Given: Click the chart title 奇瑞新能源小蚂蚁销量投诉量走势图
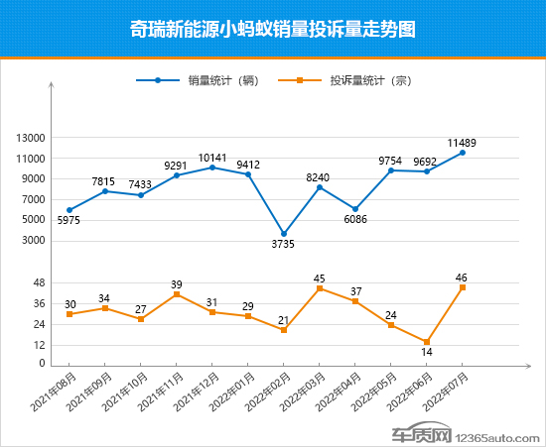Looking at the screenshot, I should coord(272,29).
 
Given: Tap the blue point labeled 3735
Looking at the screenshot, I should coord(284,234).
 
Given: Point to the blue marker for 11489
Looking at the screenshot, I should coord(463,153).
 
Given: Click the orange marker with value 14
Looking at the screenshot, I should coord(427,342).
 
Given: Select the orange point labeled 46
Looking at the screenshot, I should coord(463,287).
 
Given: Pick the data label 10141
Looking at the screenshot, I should coord(212,157).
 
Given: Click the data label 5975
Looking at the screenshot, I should coord(69,221).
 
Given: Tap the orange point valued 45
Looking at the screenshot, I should coord(320,288).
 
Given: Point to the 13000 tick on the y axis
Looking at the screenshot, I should coord(32,138).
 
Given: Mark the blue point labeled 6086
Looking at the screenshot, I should coord(355,209).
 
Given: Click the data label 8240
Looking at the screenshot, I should coord(320,174).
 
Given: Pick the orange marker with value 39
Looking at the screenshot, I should coord(177,294).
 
